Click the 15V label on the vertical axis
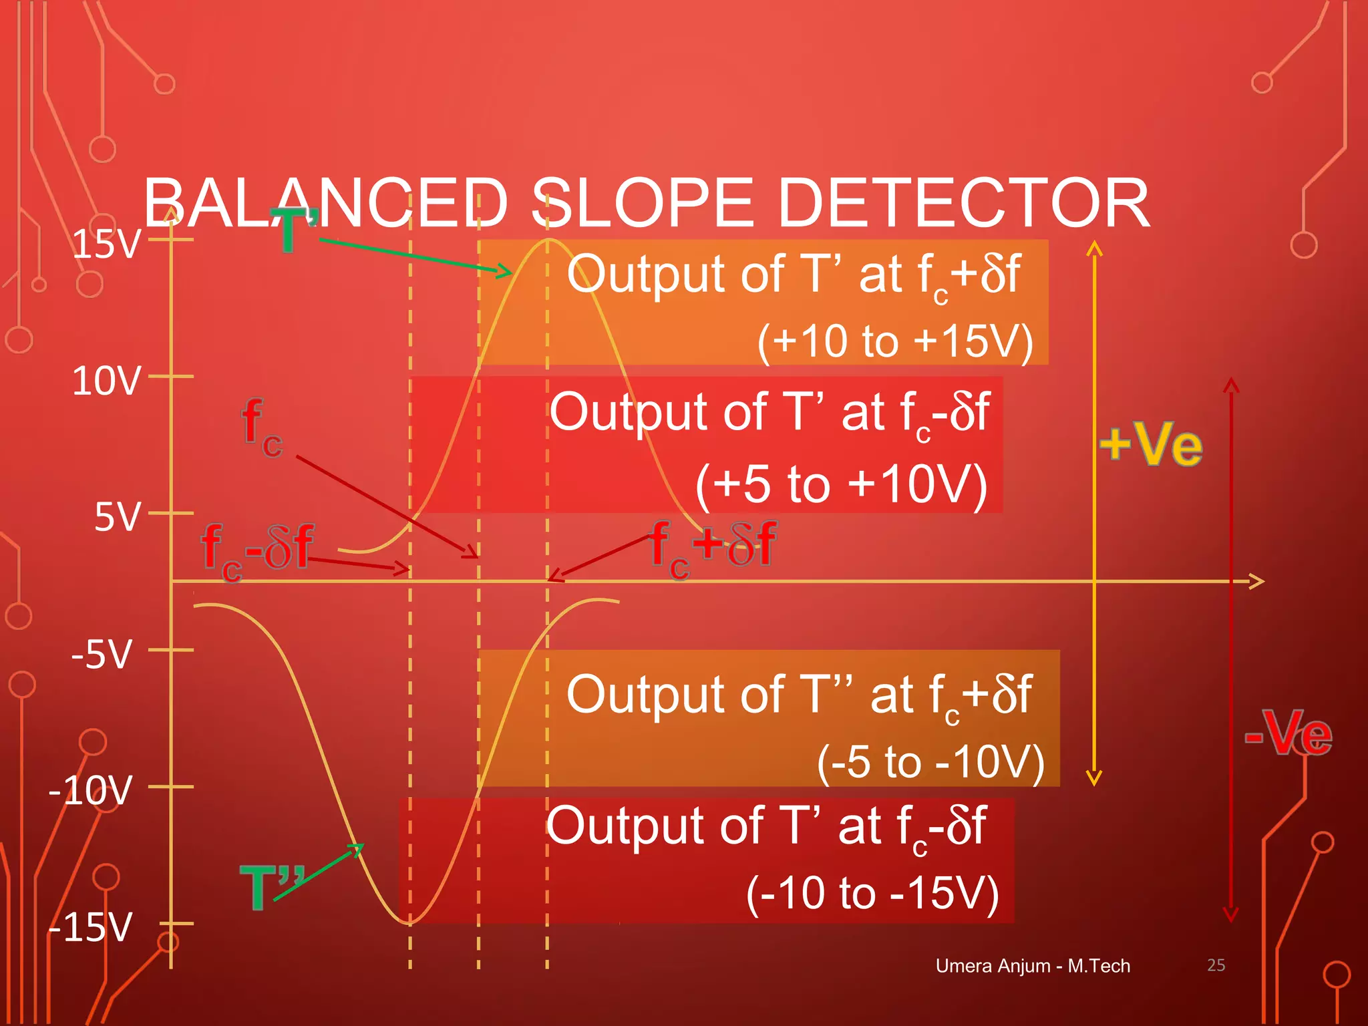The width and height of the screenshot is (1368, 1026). coord(107,244)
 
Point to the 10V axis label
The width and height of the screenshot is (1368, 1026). coord(107,381)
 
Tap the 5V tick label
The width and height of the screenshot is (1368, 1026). coord(118,518)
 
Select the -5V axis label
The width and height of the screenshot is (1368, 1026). coord(102,655)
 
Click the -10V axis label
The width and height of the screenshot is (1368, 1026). coord(91,791)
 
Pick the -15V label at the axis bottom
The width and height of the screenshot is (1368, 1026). coord(91,928)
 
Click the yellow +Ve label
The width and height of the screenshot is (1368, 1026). coord(1151,445)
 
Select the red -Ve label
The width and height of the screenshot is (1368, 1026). coord(1288,733)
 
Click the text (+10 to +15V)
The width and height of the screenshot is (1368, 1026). coord(895,342)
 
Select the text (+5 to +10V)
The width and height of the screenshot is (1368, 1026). coord(841,484)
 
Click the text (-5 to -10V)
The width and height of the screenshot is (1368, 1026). coord(930,761)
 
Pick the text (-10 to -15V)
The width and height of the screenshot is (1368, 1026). coord(872,893)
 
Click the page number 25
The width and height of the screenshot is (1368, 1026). coord(1216,965)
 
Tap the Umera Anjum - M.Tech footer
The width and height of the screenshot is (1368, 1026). coord(1033,966)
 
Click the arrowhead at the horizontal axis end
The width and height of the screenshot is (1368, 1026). coord(1257,581)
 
